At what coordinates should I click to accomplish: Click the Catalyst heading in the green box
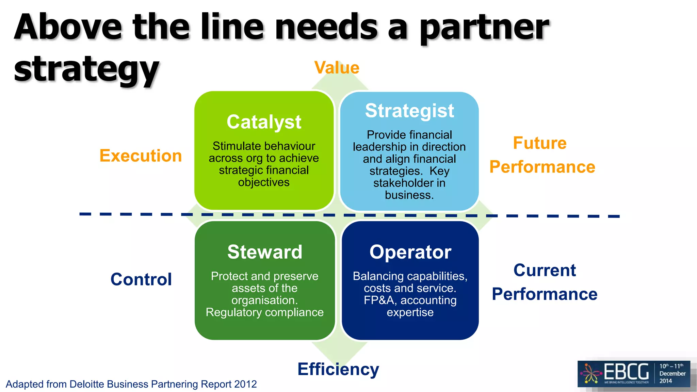(264, 122)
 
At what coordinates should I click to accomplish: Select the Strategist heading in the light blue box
(409, 111)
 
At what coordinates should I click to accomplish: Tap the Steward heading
(265, 252)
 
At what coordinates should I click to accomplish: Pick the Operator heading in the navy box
(410, 252)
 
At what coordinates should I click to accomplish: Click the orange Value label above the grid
(337, 67)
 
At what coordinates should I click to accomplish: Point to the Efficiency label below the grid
(338, 369)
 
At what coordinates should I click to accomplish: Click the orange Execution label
(141, 156)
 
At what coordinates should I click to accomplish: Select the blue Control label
(141, 279)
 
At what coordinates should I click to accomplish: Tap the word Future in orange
(540, 143)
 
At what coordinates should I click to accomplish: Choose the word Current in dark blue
(545, 271)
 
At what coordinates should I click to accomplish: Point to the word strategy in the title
(86, 70)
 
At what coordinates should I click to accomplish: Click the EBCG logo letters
(626, 372)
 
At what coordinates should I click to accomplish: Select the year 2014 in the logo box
(666, 381)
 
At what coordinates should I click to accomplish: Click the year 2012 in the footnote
(245, 384)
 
